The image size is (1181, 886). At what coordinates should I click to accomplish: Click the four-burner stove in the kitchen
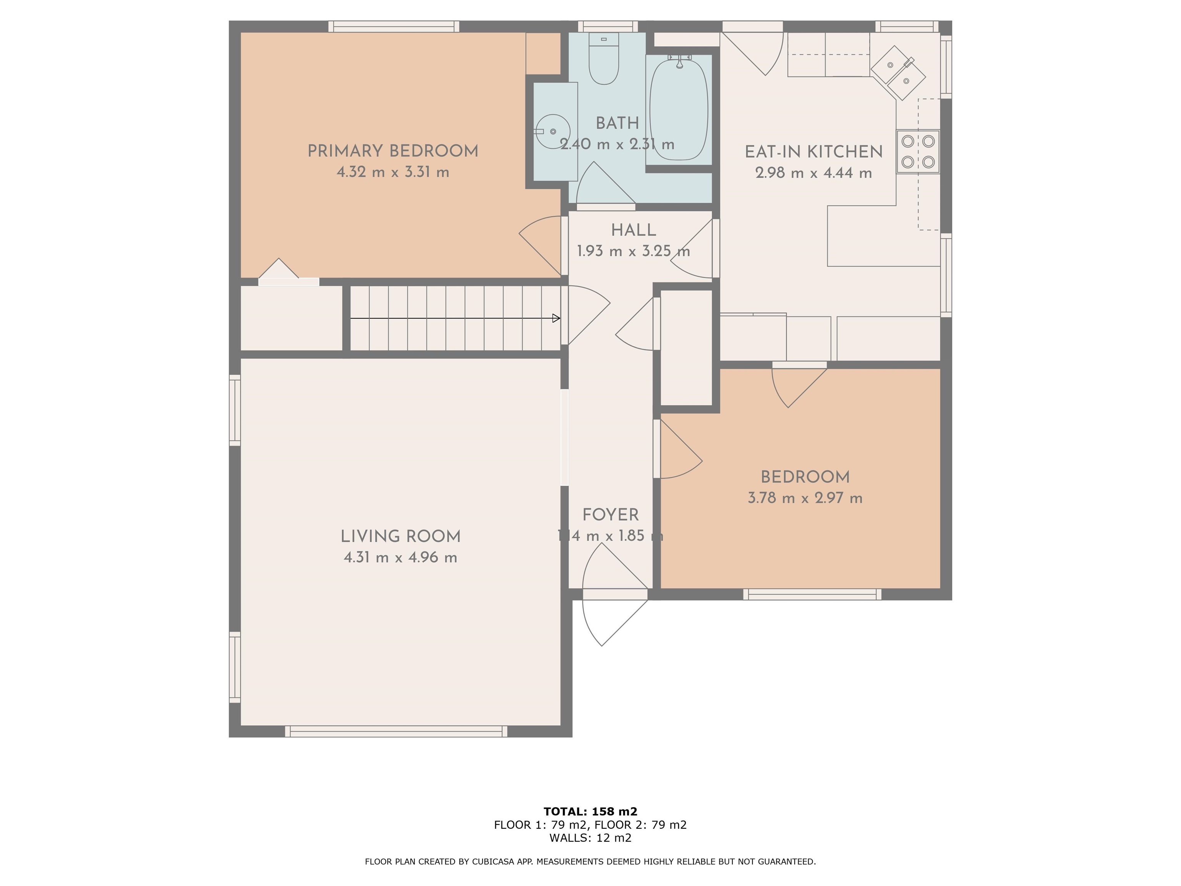click(918, 152)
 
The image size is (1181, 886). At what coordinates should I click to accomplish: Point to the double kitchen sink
click(898, 73)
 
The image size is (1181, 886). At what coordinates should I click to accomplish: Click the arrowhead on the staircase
click(556, 318)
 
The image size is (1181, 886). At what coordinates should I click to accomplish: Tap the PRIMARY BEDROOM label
click(393, 151)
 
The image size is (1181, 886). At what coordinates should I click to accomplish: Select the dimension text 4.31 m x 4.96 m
click(401, 558)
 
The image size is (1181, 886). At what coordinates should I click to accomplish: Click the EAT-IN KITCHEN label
click(814, 152)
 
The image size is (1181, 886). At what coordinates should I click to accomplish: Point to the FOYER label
click(610, 515)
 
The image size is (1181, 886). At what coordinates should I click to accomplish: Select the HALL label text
click(633, 230)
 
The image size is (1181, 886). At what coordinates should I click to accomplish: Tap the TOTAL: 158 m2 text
click(590, 812)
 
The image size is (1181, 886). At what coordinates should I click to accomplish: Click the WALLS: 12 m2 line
click(590, 838)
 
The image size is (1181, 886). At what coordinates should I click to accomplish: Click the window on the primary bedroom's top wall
click(394, 27)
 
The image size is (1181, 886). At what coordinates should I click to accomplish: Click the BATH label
click(617, 123)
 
